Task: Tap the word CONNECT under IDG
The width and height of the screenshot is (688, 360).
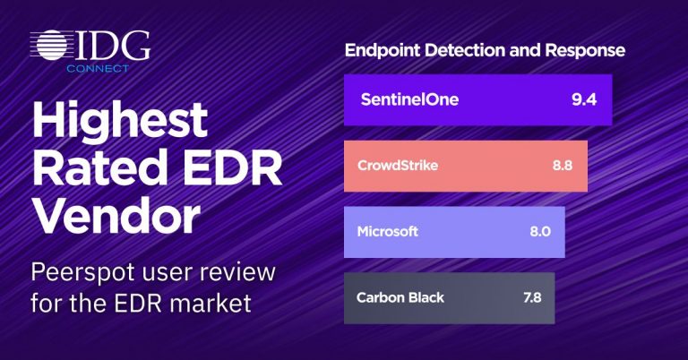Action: (x=98, y=68)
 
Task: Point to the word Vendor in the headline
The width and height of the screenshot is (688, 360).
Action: (x=116, y=215)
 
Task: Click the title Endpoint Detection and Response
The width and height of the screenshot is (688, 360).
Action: (x=485, y=50)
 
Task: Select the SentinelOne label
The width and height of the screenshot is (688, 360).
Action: (x=409, y=99)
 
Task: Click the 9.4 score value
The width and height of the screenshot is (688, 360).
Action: (x=584, y=99)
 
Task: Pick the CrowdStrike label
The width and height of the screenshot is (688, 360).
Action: (x=398, y=166)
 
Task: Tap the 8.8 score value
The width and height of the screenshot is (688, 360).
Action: (x=562, y=166)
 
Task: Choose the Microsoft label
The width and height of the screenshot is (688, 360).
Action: (x=387, y=231)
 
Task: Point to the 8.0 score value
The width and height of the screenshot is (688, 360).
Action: (x=540, y=232)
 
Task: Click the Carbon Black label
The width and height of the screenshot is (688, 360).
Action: (x=400, y=297)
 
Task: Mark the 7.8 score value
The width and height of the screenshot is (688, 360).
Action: (x=532, y=297)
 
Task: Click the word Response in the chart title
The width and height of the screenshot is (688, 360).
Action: (x=585, y=51)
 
